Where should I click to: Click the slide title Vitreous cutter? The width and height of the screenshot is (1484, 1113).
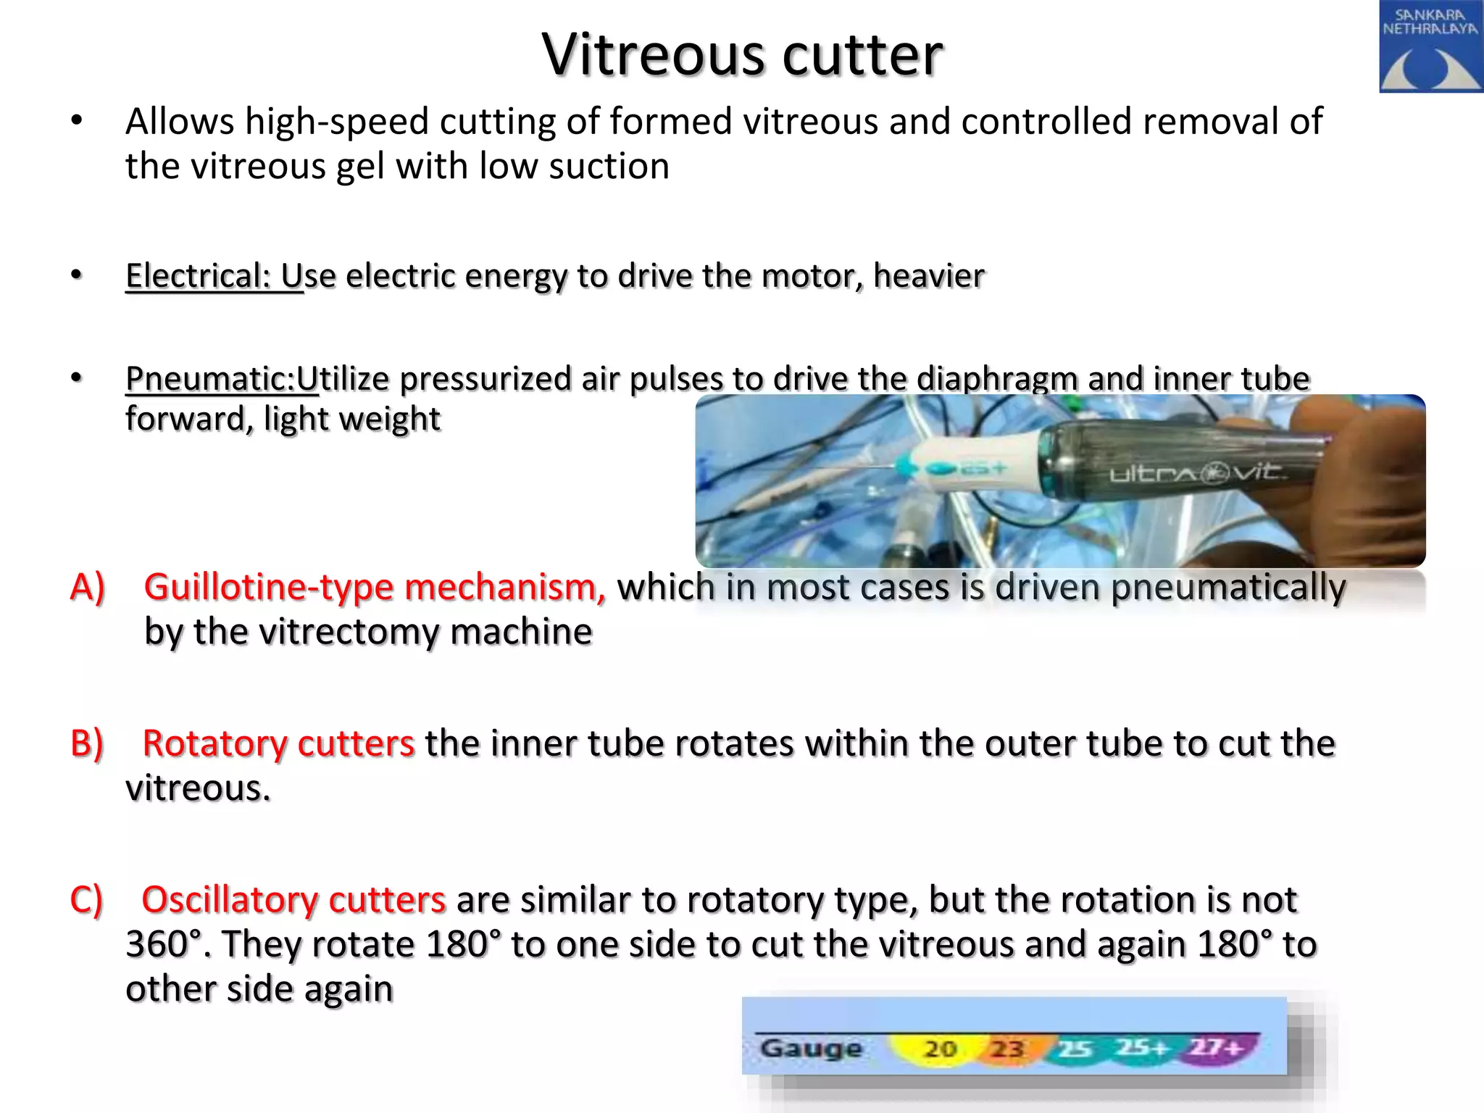742,54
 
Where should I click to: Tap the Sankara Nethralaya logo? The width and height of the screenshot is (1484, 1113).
1430,46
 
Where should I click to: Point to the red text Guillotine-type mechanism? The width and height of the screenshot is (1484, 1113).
375,587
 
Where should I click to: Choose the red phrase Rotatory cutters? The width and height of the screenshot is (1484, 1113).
278,743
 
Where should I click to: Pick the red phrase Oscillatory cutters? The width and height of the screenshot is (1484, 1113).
293,900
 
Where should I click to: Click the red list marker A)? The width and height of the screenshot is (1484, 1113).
88,587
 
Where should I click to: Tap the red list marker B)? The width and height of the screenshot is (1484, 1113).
87,743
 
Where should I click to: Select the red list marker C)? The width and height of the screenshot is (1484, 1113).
87,900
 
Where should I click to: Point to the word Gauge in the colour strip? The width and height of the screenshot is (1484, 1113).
811,1048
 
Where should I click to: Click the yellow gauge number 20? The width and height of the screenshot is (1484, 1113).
941,1049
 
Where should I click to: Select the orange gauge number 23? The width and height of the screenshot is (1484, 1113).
1006,1049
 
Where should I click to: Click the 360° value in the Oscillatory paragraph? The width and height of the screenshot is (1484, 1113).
163,945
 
